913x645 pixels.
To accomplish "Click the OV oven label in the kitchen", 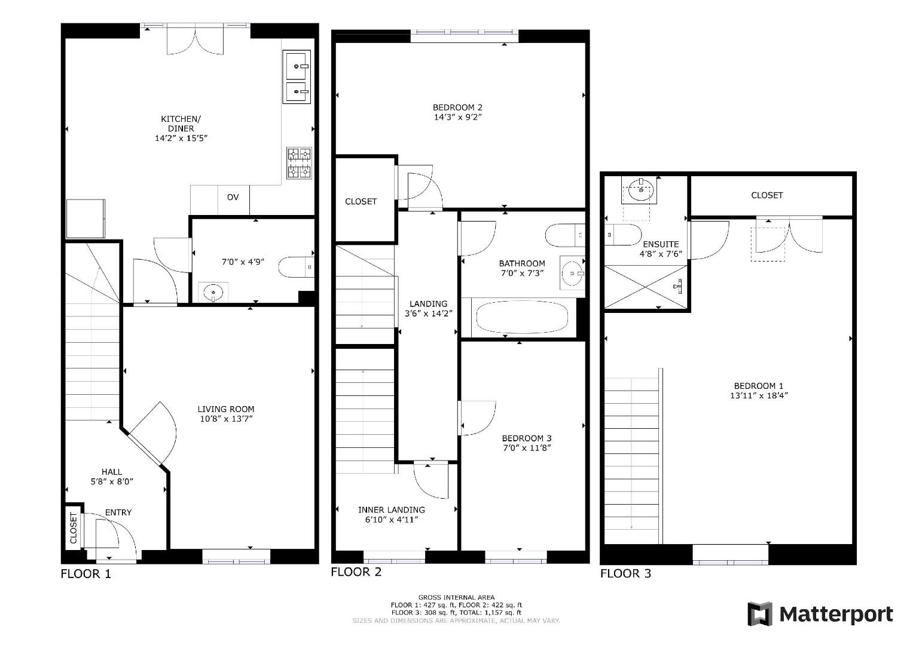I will [x=233, y=196].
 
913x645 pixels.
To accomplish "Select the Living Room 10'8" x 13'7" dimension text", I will [x=226, y=419].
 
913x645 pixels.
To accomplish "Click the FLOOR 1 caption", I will [x=86, y=575].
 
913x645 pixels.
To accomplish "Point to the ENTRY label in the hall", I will [x=118, y=512].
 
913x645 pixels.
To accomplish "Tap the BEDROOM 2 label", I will [x=457, y=107].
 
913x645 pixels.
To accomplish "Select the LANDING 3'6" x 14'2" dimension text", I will [x=428, y=313].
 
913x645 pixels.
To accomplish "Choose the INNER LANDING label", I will [x=392, y=510].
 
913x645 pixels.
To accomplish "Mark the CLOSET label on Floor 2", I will [x=361, y=202].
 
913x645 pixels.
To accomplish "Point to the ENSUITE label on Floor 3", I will [x=661, y=244].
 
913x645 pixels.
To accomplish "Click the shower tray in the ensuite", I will [x=646, y=287].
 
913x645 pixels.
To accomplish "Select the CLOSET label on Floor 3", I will [x=767, y=195].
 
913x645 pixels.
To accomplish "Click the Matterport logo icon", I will [x=760, y=614].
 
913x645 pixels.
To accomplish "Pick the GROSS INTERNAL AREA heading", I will [x=456, y=597].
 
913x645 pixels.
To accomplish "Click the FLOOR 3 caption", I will [x=625, y=574].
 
